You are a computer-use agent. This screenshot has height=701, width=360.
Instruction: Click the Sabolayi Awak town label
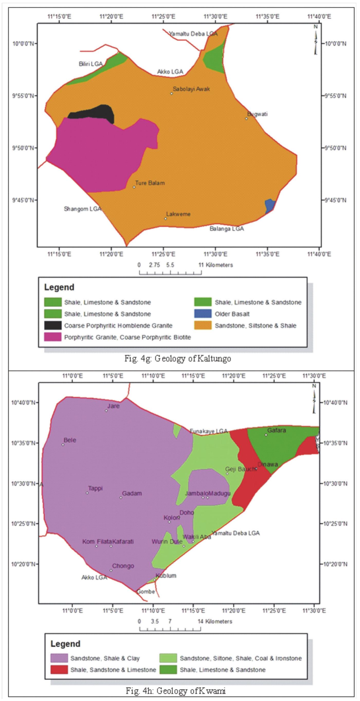click(x=191, y=89)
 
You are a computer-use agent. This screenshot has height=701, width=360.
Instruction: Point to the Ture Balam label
click(x=150, y=183)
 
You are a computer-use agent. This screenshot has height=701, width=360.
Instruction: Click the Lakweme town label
click(x=178, y=214)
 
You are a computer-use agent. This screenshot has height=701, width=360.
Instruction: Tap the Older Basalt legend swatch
click(x=203, y=314)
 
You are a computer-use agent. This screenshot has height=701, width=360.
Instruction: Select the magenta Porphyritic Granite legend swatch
click(x=53, y=337)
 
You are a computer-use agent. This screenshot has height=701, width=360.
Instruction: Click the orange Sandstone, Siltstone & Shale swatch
click(x=203, y=325)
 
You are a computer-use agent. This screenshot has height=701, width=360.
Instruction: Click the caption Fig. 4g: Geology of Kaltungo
click(x=178, y=358)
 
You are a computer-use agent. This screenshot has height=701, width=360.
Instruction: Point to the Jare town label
click(x=114, y=406)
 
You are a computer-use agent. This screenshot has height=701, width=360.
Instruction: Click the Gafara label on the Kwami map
click(x=276, y=430)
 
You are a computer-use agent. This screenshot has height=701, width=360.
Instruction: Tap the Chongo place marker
click(x=111, y=570)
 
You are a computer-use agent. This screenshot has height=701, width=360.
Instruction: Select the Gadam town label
click(x=132, y=493)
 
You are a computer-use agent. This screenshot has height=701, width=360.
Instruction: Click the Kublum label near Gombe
click(x=166, y=576)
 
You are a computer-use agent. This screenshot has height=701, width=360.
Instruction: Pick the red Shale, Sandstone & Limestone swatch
click(x=59, y=670)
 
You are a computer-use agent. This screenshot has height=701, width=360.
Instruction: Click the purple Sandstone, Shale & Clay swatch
click(x=59, y=658)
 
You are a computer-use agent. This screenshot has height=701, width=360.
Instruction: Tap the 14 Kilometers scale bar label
click(x=215, y=621)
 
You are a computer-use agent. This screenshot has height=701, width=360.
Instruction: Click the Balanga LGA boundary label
click(x=226, y=229)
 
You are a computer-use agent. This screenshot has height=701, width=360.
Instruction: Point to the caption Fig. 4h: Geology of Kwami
click(x=176, y=690)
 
